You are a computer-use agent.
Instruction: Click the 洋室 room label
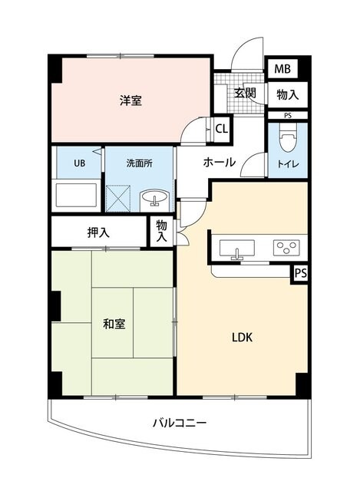[x=130, y=101]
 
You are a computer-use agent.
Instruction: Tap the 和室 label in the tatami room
[x=114, y=325]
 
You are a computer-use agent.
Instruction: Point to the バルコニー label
[x=179, y=423]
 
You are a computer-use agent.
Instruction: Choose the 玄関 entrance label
[x=245, y=94]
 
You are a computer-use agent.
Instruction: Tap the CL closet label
[x=221, y=129]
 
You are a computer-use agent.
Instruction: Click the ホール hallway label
[x=220, y=163]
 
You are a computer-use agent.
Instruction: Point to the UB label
[x=79, y=163]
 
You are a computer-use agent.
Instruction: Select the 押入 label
[x=97, y=232]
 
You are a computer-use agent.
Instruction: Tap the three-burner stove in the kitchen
[x=287, y=248]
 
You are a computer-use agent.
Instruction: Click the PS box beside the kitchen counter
[x=299, y=272]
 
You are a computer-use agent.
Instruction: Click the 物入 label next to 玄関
[x=288, y=94]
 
